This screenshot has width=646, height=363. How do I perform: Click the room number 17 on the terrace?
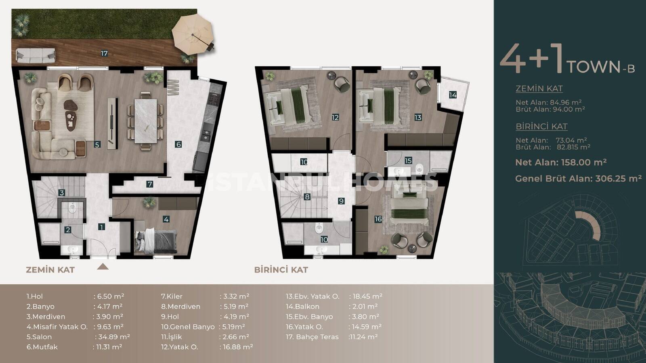(x=104, y=53)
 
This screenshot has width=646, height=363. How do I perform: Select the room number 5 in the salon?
(x=97, y=145)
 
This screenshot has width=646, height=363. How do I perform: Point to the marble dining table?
(x=146, y=121)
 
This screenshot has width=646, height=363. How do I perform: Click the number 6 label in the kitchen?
(x=178, y=144)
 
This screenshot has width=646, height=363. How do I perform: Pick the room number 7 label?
(x=149, y=184)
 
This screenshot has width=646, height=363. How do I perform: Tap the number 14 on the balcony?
(x=453, y=95)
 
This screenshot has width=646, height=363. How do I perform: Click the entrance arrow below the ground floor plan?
(x=103, y=267)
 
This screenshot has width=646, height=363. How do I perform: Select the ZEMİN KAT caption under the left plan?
(x=50, y=270)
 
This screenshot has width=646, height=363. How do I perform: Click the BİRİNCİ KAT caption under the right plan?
(x=281, y=270)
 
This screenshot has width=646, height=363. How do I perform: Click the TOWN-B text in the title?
(x=600, y=67)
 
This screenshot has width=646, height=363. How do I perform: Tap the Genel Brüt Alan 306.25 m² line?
(x=578, y=179)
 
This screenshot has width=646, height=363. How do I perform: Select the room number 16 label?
(x=378, y=219)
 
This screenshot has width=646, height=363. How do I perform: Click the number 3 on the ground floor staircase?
(x=61, y=193)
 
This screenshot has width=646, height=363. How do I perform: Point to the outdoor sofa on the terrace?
(x=36, y=55)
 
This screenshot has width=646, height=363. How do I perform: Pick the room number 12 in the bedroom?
(x=335, y=117)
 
